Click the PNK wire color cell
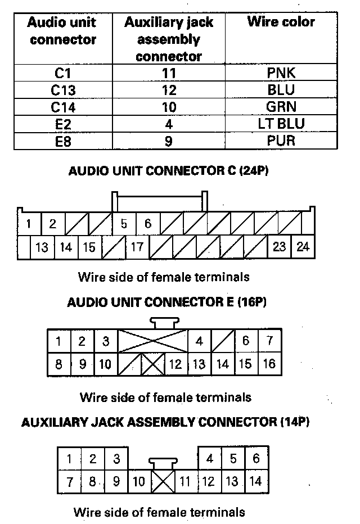tap(281, 73)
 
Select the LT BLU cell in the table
tap(281, 124)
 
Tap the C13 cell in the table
tap(63, 89)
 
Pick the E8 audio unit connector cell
tap(63, 141)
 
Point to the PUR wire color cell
tap(281, 141)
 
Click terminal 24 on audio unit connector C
tap(303, 247)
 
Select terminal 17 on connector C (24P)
tap(137, 247)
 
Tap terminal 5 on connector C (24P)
tap(124, 224)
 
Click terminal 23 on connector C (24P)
tap(280, 247)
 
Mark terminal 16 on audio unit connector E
tap(270, 364)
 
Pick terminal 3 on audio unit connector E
tap(106, 341)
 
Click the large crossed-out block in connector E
tap(153, 341)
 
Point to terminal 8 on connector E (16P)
tap(59, 364)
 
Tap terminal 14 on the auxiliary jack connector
tap(256, 481)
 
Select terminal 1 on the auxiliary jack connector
tap(69, 459)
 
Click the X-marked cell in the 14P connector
tap(163, 481)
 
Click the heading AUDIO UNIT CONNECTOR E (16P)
tap(167, 302)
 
